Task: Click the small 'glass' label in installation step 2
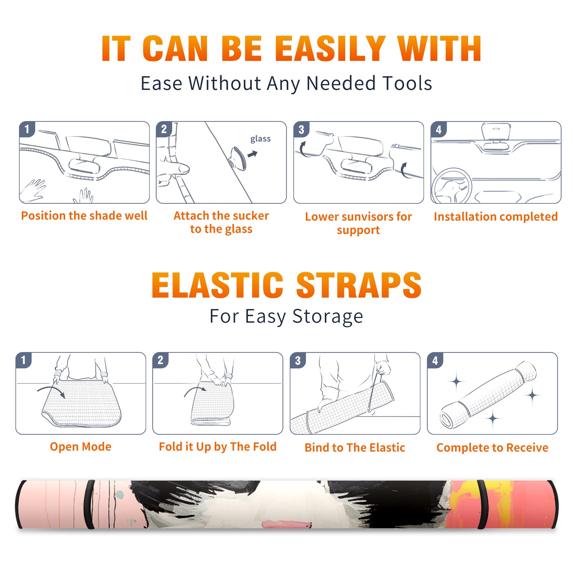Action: (x=260, y=139)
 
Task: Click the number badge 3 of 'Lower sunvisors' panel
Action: (x=301, y=129)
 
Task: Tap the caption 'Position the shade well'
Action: (x=84, y=216)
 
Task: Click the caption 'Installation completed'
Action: (x=496, y=216)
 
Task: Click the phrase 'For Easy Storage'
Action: (x=286, y=316)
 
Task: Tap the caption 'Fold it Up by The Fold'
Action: (x=218, y=447)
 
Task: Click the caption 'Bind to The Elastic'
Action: (x=355, y=447)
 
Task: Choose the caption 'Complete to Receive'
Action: (x=492, y=447)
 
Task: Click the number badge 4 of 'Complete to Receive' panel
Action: (x=435, y=360)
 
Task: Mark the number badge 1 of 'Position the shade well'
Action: (x=27, y=129)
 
